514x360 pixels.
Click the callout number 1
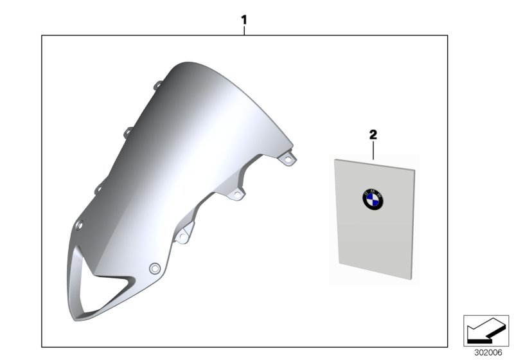point(244,21)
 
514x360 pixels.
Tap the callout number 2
point(373,135)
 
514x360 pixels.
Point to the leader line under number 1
point(244,30)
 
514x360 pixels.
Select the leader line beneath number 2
point(373,150)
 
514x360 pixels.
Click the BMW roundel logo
point(373,200)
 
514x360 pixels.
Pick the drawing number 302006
point(488,353)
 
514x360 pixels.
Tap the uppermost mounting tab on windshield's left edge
point(158,85)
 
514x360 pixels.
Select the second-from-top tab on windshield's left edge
point(128,132)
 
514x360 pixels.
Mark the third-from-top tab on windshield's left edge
point(98,189)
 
